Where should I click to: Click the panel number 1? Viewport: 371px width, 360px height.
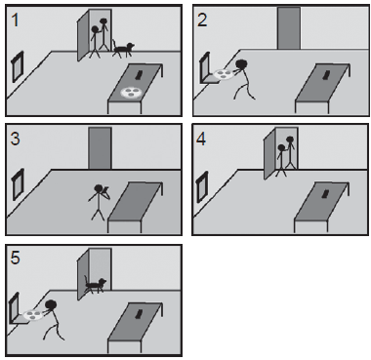coord(15,20)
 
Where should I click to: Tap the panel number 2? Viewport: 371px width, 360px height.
coord(202,20)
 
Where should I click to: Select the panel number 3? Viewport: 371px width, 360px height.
coord(16,139)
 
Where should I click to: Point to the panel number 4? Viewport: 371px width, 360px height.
coord(201,140)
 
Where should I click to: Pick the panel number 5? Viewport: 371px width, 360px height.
coord(16,258)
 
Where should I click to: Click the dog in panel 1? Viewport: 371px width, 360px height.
coord(123,49)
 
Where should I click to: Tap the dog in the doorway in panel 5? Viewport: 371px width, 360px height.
coord(95,285)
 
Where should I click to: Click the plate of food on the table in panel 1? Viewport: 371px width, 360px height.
coord(131,92)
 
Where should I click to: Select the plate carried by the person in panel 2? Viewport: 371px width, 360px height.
coord(224,74)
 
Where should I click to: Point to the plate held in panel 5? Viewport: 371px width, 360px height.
coord(33,315)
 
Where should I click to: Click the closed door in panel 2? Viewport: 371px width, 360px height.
coord(289,28)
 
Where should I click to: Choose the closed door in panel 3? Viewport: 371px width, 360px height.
coord(101,148)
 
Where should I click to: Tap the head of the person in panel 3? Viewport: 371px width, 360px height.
coord(99,188)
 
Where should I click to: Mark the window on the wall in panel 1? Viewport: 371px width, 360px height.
coord(18,67)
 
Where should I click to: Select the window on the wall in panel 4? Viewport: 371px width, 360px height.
coord(202,187)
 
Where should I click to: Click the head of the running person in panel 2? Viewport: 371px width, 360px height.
coord(241,64)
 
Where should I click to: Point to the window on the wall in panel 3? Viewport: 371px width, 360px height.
coord(18,184)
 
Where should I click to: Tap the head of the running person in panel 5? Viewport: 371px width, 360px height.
coord(51,305)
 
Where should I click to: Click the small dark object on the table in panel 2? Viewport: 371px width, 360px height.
coord(325,75)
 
